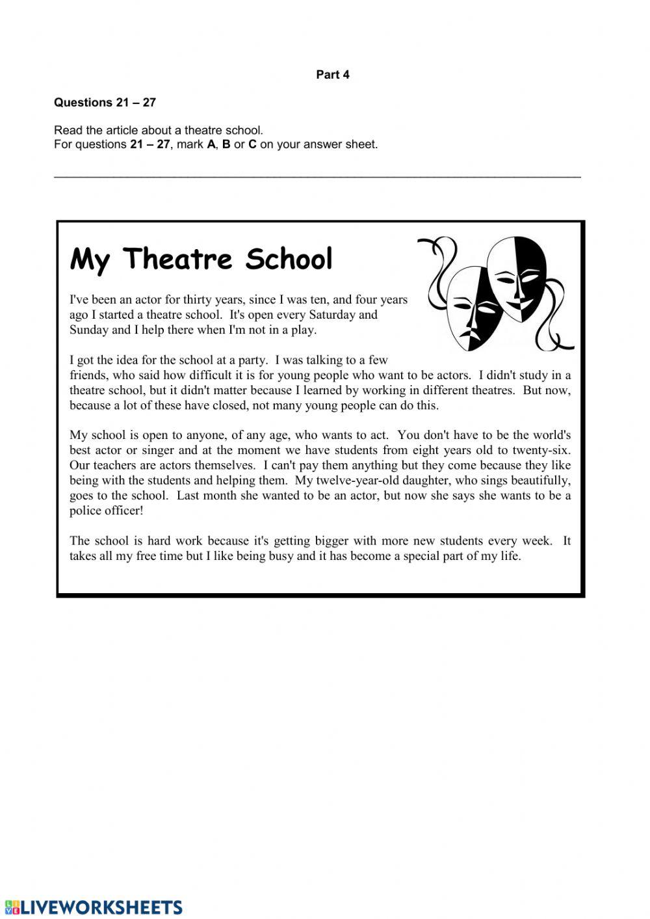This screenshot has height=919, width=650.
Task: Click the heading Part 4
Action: (332, 75)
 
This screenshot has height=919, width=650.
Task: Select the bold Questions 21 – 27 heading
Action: (105, 102)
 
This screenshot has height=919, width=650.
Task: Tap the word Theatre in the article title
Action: (177, 259)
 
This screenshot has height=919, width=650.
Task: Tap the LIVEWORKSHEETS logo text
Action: (101, 907)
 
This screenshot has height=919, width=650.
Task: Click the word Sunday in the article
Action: (89, 330)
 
